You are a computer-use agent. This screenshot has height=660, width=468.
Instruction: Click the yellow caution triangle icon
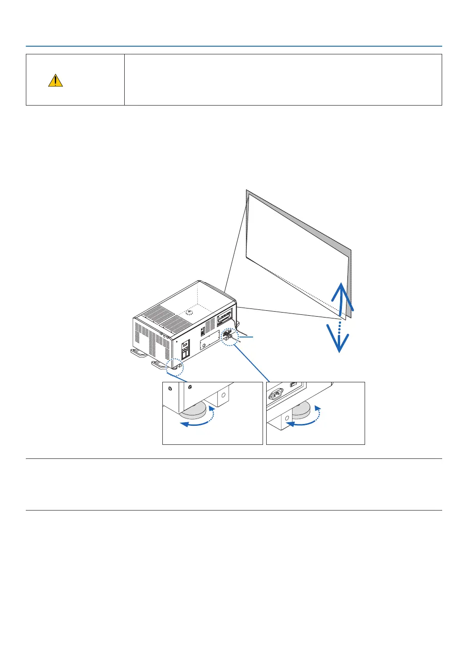(55, 81)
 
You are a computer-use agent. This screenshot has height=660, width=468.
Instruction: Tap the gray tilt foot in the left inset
(195, 411)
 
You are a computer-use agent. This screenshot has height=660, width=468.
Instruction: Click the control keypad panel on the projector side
(185, 351)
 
